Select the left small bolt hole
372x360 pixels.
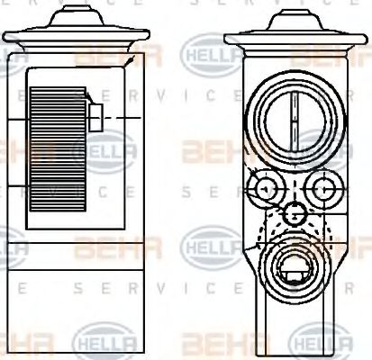point(265,188)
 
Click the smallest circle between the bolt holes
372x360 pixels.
point(291,213)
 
